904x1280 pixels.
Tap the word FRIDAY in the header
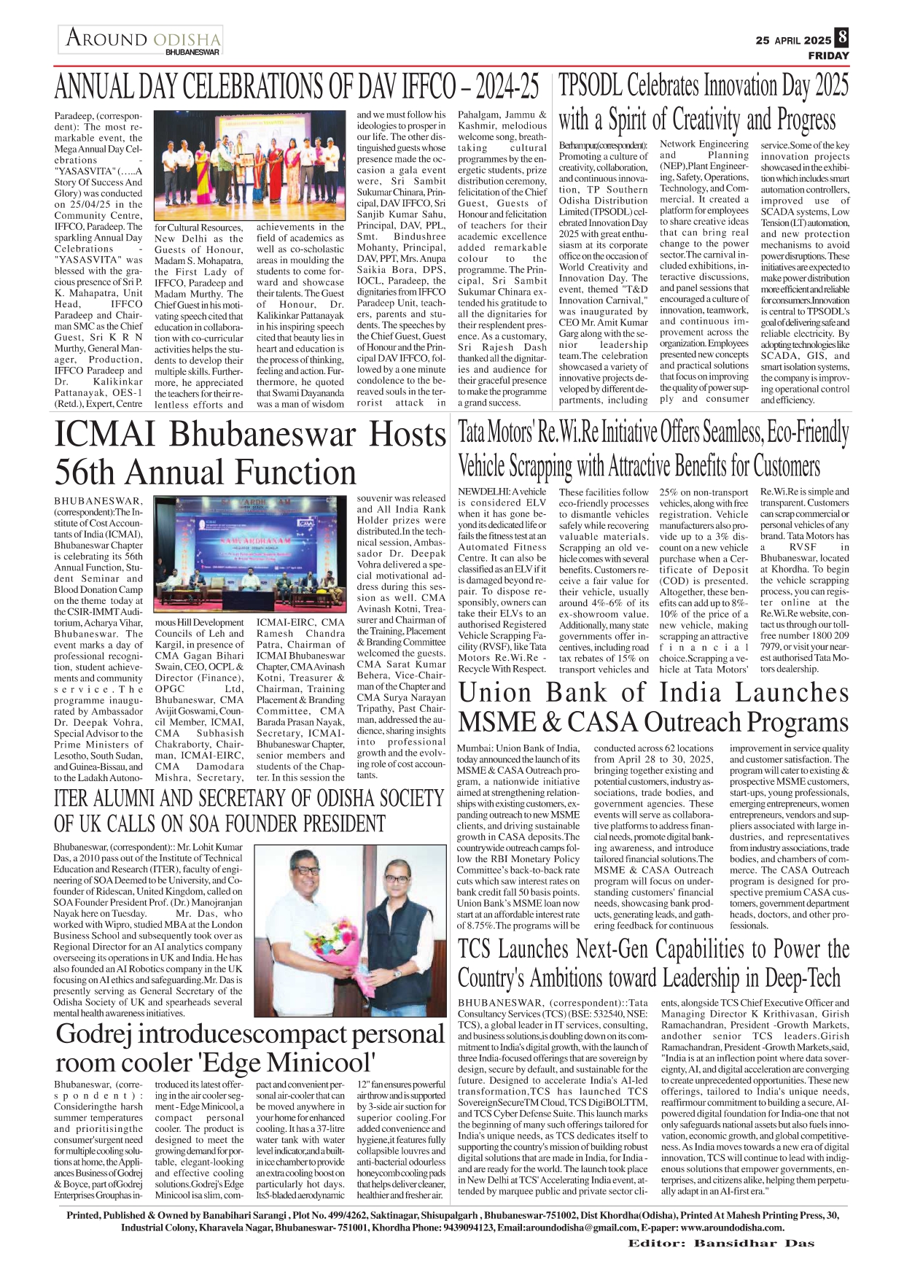pyautogui.click(x=828, y=55)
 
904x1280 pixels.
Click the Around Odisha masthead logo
pyautogui.click(x=141, y=39)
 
